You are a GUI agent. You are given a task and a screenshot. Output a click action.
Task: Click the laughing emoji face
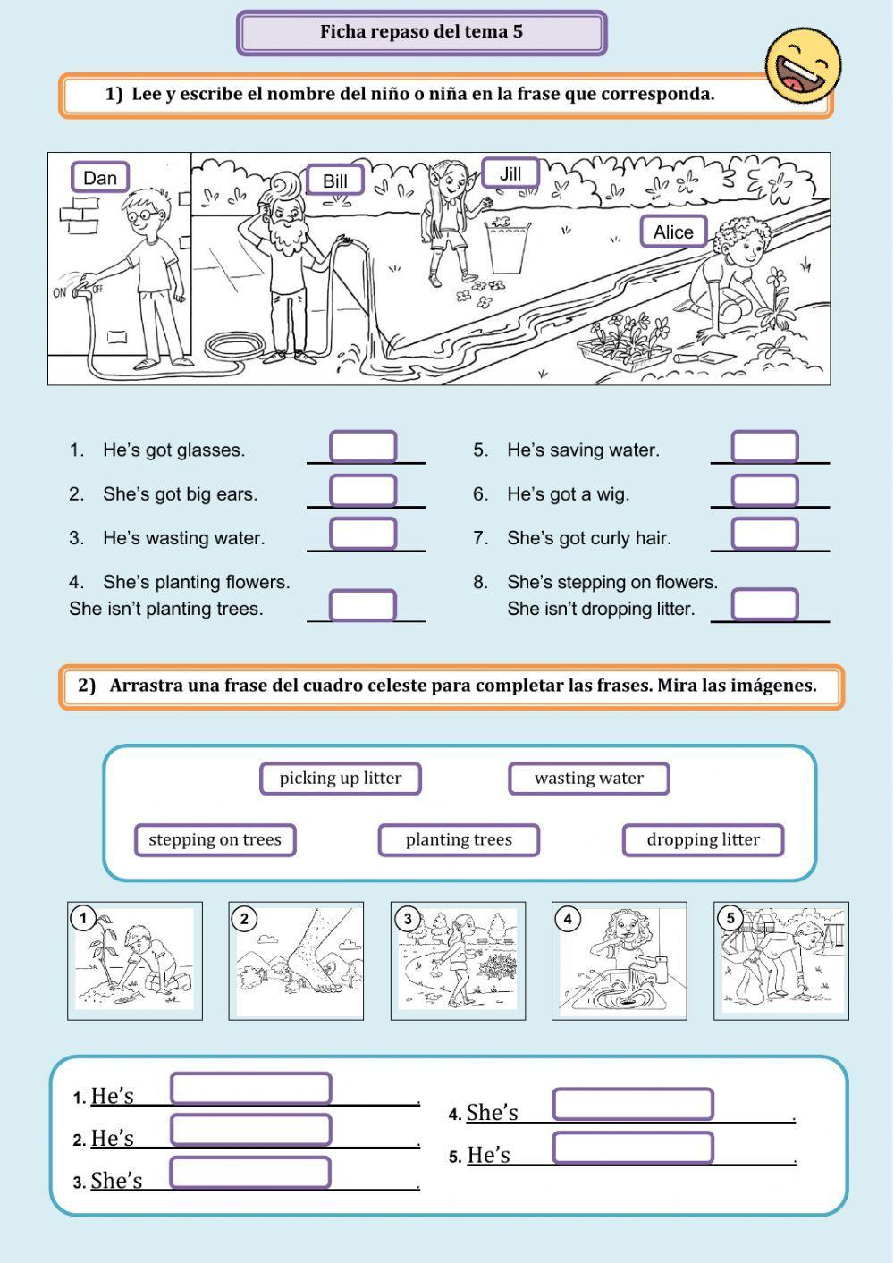coord(803,65)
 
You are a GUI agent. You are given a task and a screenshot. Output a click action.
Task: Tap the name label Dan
coord(100,177)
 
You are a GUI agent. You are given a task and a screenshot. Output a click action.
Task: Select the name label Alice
coord(673,232)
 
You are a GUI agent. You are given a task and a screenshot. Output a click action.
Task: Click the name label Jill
coord(510,173)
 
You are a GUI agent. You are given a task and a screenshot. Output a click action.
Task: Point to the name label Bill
coord(334,181)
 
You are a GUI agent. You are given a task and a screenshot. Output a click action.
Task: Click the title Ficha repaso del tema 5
coord(421,32)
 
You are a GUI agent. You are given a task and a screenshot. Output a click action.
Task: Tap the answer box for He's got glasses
coord(363,447)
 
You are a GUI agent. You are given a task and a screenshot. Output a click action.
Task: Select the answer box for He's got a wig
coord(765,490)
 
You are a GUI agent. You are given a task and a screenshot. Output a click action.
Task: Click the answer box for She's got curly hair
coord(765,534)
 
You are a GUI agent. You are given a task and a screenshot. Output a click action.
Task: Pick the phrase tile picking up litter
coord(340,779)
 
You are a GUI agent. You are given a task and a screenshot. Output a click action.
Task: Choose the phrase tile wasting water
coord(589,779)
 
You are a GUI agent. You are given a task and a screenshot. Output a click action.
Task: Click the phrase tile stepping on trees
coord(215,839)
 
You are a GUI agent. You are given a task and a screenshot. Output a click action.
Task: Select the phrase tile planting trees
coord(459,839)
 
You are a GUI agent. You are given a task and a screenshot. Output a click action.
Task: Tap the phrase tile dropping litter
coord(703,839)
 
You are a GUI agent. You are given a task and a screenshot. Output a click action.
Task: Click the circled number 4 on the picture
coord(568,919)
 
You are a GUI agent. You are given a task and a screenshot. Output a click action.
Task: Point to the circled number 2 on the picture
coord(244,919)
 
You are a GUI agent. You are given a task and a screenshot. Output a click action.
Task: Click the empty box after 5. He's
coord(633,1148)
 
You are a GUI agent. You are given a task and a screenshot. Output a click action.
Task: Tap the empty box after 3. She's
coord(250,1173)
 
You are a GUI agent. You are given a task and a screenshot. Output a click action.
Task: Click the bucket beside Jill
coord(507,247)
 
